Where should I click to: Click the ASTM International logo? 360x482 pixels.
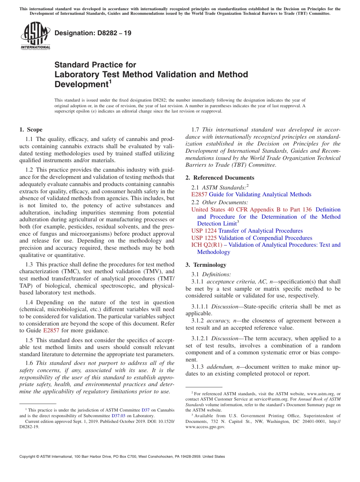(x=35, y=36)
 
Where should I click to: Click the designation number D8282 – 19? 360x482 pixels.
(x=93, y=33)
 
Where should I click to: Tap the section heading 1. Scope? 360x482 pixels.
(x=31, y=130)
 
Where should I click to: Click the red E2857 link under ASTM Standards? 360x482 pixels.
(x=199, y=194)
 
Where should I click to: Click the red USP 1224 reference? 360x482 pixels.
(x=204, y=231)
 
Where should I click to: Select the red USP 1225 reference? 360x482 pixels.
(x=204, y=238)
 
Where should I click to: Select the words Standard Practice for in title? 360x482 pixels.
(x=95, y=65)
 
